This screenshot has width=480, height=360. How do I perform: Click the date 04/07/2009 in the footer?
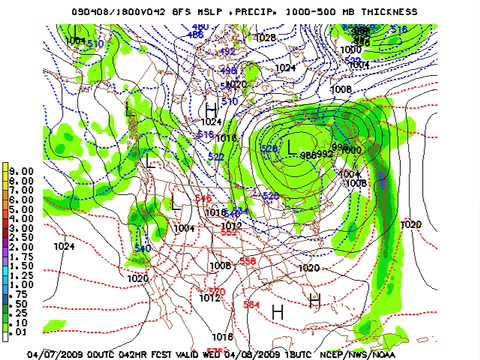pyautogui.click(x=51, y=353)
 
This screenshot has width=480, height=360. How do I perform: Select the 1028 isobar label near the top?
pyautogui.click(x=265, y=37)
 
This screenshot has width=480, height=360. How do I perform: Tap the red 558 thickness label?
pyautogui.click(x=247, y=260)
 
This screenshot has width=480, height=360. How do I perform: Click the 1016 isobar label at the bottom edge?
pyautogui.click(x=222, y=337)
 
